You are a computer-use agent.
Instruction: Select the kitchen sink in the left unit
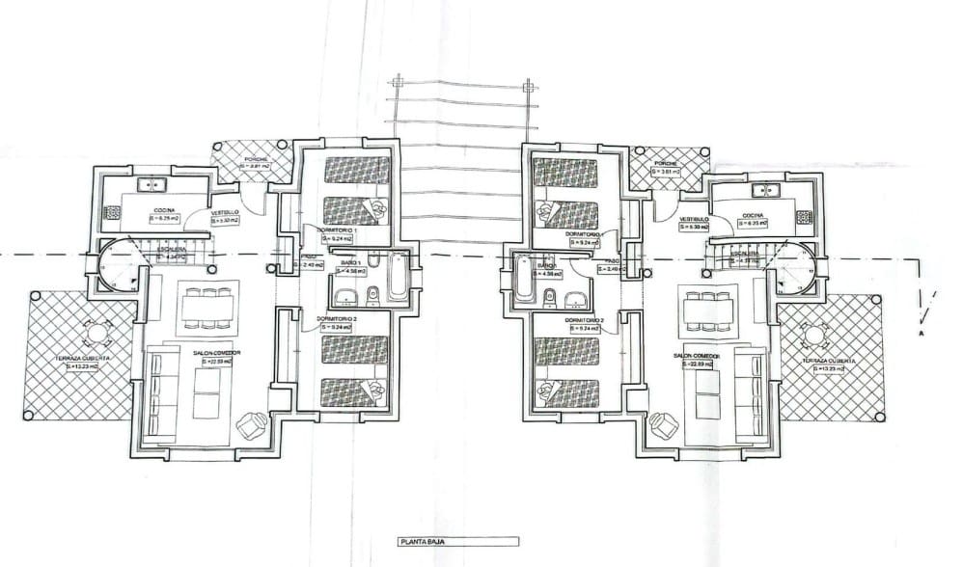pyautogui.click(x=151, y=183)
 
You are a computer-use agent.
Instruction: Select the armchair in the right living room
pyautogui.click(x=664, y=423)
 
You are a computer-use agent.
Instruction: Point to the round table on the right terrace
pyautogui.click(x=813, y=336)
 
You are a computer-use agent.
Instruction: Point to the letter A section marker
pyautogui.click(x=922, y=334)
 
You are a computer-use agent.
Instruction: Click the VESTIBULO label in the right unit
pyautogui.click(x=695, y=219)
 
